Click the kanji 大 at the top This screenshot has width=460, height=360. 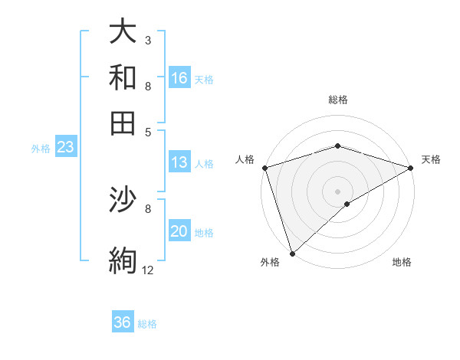pyautogui.click(x=123, y=31)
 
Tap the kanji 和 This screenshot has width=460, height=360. pyautogui.click(x=123, y=77)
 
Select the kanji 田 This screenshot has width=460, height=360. pyautogui.click(x=123, y=123)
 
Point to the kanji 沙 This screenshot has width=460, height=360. pyautogui.click(x=123, y=201)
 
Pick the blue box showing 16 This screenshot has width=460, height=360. pyautogui.click(x=179, y=78)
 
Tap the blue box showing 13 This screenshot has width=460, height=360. pyautogui.click(x=179, y=162)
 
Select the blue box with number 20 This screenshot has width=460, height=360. pyautogui.click(x=179, y=232)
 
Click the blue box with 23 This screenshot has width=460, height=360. pyautogui.click(x=65, y=148)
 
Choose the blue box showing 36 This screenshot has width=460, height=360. pyautogui.click(x=123, y=322)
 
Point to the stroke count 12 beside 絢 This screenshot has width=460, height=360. pyautogui.click(x=147, y=270)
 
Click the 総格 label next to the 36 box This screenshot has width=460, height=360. pyautogui.click(x=147, y=324)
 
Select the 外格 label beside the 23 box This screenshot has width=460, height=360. pyautogui.click(x=41, y=149)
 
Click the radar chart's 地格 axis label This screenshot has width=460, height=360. pyautogui.click(x=402, y=263)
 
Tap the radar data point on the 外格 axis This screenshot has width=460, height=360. pyautogui.click(x=292, y=254)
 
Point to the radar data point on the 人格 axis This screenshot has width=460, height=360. pyautogui.click(x=264, y=168)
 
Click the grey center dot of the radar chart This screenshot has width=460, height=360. pyautogui.click(x=337, y=191)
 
